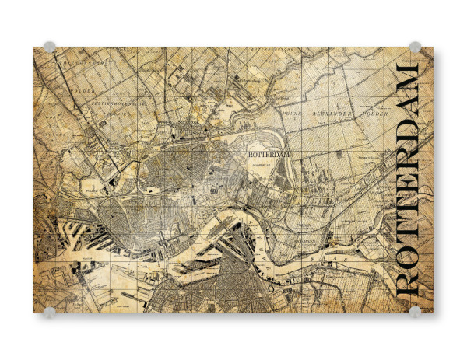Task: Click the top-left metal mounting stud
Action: (x=49, y=47)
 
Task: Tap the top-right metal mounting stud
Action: (x=416, y=47)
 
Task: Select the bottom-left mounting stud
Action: (x=49, y=313)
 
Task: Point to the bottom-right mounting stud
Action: (x=416, y=313)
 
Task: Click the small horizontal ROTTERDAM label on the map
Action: (x=269, y=156)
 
